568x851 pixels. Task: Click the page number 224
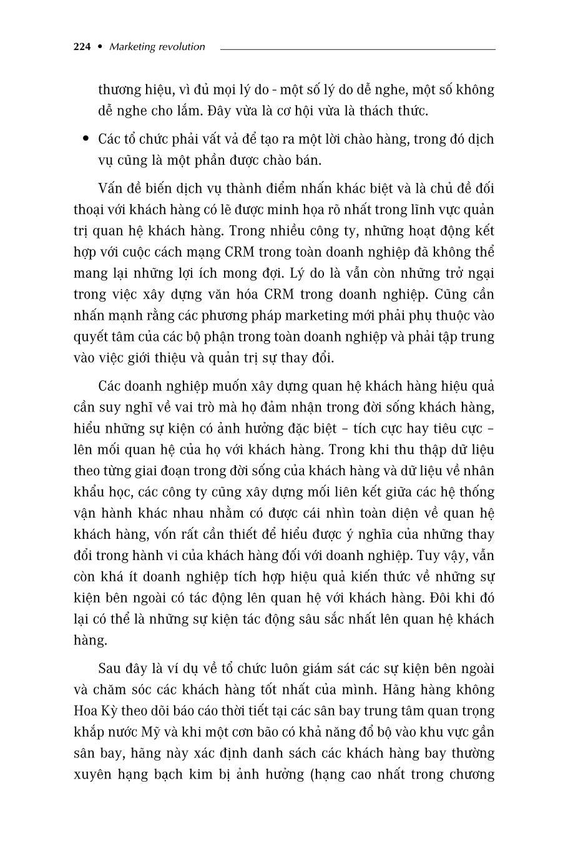82,47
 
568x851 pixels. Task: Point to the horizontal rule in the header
357,48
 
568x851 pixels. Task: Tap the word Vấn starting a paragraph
111,189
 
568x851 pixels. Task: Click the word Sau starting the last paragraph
110,668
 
